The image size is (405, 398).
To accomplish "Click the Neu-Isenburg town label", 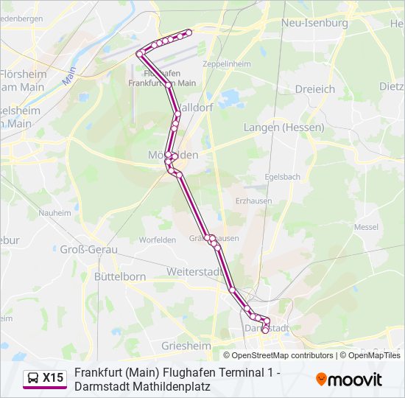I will (x=314, y=23).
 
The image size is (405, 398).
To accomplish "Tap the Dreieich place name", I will (x=314, y=89).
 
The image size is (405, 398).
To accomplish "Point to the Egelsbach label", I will (x=283, y=177).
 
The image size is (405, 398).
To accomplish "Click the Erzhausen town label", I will (x=253, y=200).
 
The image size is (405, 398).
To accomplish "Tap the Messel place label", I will (x=365, y=228).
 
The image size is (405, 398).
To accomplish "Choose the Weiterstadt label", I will (x=194, y=272).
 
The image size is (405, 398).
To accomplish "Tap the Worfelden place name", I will (x=158, y=240).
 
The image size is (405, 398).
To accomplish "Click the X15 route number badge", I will (x=53, y=378).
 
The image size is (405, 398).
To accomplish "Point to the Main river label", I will (x=70, y=76).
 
